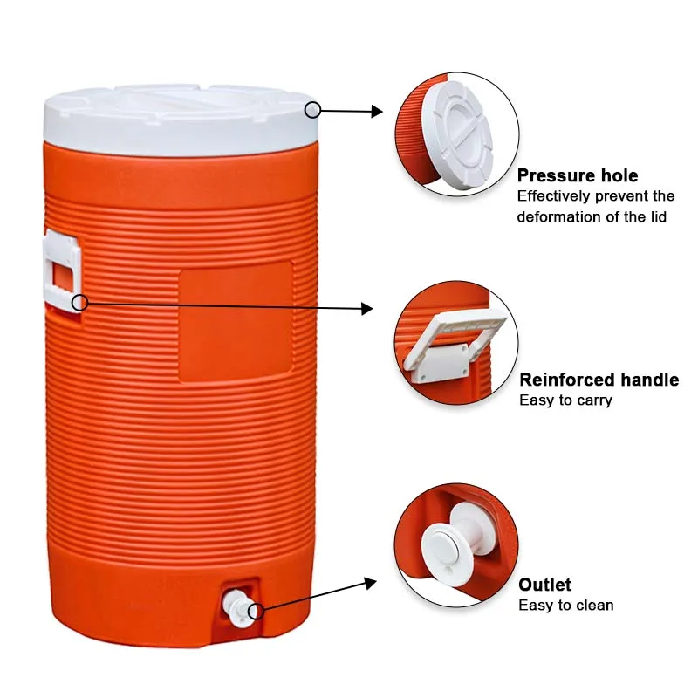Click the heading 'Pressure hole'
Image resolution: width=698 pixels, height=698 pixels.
click(x=577, y=175)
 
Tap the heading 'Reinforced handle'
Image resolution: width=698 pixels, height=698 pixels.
click(x=599, y=380)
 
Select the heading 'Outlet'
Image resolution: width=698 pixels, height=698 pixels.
click(x=544, y=585)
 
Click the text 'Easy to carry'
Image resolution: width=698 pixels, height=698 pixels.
click(x=565, y=400)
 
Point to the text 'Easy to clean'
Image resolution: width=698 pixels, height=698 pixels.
click(x=566, y=606)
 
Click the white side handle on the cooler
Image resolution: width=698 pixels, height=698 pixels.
click(x=61, y=271)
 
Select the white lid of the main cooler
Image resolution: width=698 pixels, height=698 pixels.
click(x=181, y=120)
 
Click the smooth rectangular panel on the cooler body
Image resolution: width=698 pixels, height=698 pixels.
click(x=235, y=322)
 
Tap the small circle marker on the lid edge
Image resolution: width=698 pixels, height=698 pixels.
click(x=312, y=109)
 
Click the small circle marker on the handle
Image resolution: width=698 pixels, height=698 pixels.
click(x=79, y=302)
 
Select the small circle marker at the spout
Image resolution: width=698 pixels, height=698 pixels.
click(x=256, y=611)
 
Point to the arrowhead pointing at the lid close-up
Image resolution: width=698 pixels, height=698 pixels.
click(x=377, y=112)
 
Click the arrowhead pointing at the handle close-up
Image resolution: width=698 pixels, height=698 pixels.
click(x=367, y=308)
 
